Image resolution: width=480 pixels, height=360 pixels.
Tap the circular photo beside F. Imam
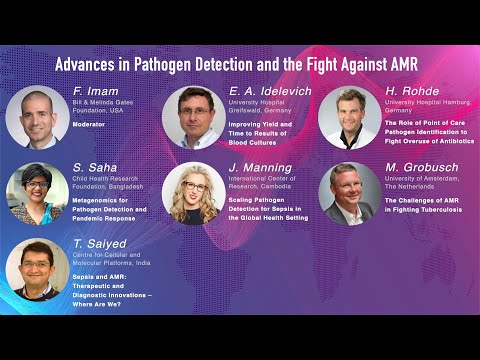[x=37, y=117]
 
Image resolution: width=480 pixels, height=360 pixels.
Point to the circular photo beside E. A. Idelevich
[x=193, y=117]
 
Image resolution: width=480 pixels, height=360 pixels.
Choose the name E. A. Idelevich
[x=265, y=91]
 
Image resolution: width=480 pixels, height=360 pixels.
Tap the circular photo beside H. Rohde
[x=349, y=117]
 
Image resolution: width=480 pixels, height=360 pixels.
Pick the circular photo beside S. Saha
[x=37, y=193]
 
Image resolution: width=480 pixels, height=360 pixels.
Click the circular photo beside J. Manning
[x=193, y=193]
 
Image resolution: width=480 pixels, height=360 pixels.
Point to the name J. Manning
[x=259, y=167]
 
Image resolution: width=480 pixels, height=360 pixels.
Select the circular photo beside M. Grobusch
[x=349, y=193]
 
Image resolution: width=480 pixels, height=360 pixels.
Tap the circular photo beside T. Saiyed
[x=37, y=268]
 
